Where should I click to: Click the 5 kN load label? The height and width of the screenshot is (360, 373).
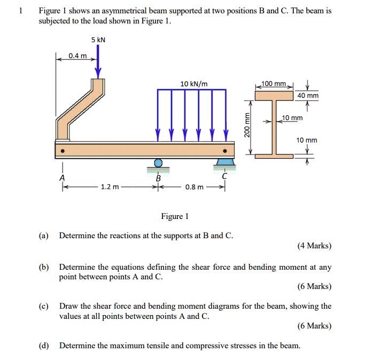tap(98, 40)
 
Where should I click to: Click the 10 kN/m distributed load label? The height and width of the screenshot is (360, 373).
tap(194, 83)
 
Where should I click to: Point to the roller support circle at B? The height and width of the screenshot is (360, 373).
tap(158, 163)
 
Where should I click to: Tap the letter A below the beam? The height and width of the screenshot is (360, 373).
tap(63, 177)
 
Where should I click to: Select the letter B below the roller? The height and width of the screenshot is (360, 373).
tap(158, 178)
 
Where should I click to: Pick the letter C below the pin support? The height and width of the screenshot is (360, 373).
tap(225, 176)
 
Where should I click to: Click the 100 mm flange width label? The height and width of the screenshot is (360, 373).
tap(275, 84)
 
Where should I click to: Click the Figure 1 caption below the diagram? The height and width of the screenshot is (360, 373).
tap(175, 216)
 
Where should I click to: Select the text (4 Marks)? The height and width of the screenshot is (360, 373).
tap(314, 246)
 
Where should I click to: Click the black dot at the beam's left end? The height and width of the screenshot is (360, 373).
tap(63, 151)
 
